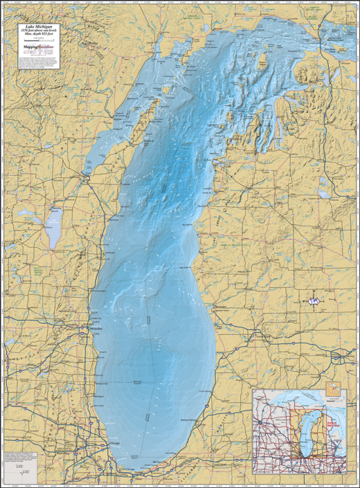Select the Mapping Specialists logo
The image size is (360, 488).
38,47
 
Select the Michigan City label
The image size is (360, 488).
159,462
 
